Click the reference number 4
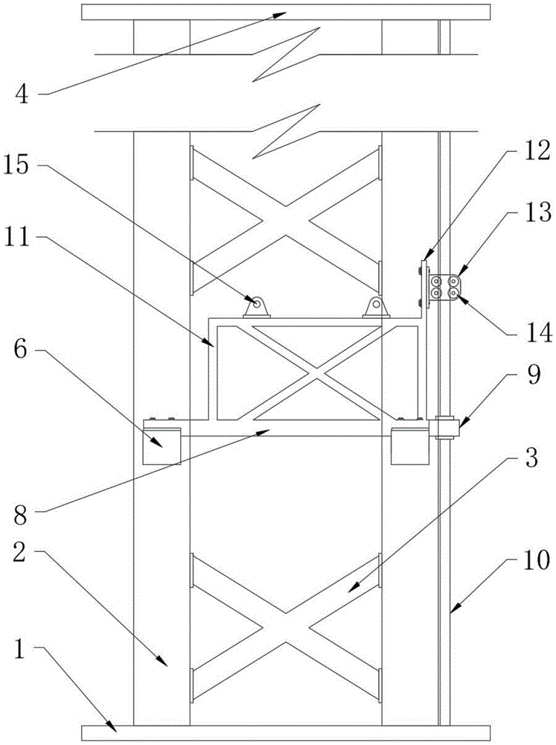click(x=22, y=94)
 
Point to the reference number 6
click(x=21, y=351)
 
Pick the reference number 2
click(x=19, y=552)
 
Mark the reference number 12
click(x=537, y=151)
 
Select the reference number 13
click(x=537, y=212)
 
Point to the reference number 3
click(x=531, y=457)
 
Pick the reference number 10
click(x=537, y=559)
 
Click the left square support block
click(x=162, y=446)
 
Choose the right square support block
click(x=410, y=446)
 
